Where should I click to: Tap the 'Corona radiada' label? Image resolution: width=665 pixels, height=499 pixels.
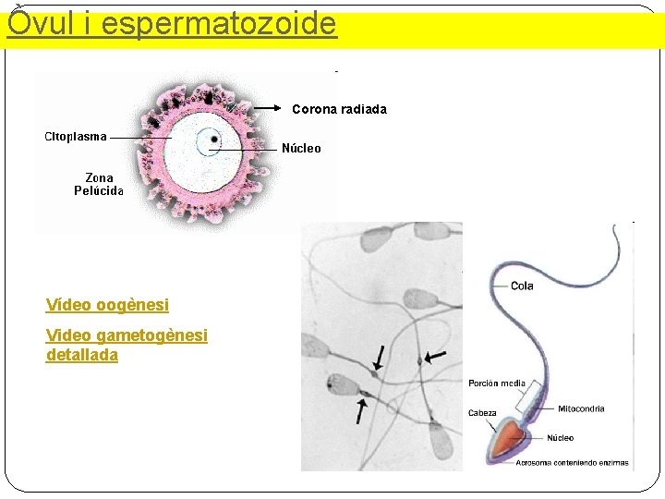click(339, 109)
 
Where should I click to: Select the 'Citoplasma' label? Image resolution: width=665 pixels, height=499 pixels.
click(76, 137)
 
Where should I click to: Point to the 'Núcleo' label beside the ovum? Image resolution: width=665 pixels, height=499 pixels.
click(301, 148)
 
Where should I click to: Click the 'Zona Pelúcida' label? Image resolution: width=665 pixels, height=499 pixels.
click(99, 184)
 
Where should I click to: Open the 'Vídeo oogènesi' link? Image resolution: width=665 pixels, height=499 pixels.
click(107, 304)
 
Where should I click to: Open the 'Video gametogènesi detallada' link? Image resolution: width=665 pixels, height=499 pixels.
click(127, 345)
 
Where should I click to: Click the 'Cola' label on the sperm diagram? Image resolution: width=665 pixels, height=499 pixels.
click(522, 286)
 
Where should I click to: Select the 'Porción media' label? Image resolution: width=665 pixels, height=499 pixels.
click(497, 383)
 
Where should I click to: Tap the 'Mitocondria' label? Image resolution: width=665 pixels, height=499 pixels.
click(581, 408)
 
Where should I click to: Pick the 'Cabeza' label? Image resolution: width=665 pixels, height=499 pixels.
click(482, 413)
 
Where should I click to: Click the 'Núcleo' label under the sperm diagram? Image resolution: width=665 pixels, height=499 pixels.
click(560, 438)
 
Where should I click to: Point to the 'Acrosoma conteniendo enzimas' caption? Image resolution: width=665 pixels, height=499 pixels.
click(572, 463)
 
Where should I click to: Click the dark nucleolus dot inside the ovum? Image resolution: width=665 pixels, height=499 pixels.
click(214, 140)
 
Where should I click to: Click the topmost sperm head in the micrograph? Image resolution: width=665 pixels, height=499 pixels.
click(376, 240)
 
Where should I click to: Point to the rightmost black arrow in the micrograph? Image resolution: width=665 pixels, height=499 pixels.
click(435, 356)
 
